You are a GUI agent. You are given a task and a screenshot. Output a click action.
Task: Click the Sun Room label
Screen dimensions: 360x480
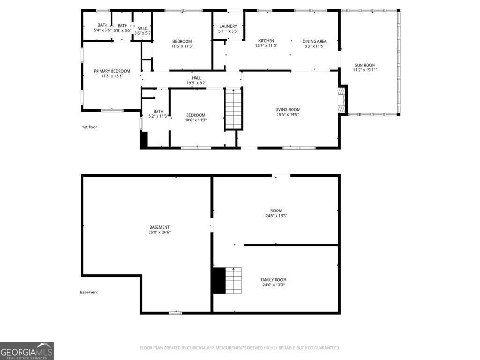click(x=365, y=65)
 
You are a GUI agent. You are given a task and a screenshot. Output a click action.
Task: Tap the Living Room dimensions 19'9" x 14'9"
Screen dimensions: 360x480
click(x=288, y=114)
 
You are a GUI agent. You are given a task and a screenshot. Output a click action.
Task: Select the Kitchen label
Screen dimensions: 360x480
click(x=266, y=41)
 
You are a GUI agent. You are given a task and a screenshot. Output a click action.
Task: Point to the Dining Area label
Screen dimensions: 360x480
click(x=315, y=41)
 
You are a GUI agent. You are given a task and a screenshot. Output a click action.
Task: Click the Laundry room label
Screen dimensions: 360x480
click(x=228, y=26)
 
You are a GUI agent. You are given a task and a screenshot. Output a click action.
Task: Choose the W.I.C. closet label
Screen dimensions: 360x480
click(x=143, y=28)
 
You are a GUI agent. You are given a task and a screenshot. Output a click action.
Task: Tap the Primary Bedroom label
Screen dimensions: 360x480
click(x=112, y=71)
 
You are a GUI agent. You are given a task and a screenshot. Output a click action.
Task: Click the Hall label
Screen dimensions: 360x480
click(x=196, y=78)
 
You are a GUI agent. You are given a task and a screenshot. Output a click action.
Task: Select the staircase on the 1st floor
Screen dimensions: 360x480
click(x=234, y=109)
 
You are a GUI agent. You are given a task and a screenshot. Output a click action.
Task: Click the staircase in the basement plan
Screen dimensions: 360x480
click(x=234, y=280)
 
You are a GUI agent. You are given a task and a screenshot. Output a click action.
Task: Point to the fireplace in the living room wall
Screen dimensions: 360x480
click(x=343, y=100)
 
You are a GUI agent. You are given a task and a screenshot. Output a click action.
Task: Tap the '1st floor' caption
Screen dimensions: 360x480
click(x=90, y=127)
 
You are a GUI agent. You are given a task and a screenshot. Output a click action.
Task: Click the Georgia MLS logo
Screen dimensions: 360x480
click(x=27, y=351)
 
